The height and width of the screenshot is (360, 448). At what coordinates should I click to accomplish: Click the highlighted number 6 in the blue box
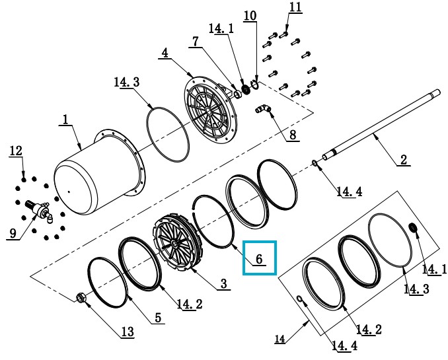[x=260, y=259]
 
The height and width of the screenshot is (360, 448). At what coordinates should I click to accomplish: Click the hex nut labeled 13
[x=80, y=299]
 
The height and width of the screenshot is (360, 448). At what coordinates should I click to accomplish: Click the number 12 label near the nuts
[x=15, y=152]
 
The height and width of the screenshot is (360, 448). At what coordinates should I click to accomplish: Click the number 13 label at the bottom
[x=128, y=333]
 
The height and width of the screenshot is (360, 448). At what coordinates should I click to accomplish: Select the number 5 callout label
[x=159, y=318]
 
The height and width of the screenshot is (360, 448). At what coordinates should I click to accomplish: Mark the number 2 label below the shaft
[x=403, y=159]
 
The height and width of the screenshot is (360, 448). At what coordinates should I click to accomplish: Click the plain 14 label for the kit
[x=280, y=340]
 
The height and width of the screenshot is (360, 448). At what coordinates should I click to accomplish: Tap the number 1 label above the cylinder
[x=65, y=120]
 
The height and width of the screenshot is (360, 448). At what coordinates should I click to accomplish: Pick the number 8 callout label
[x=291, y=136]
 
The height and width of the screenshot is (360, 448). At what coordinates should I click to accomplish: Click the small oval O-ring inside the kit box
[x=302, y=301]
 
